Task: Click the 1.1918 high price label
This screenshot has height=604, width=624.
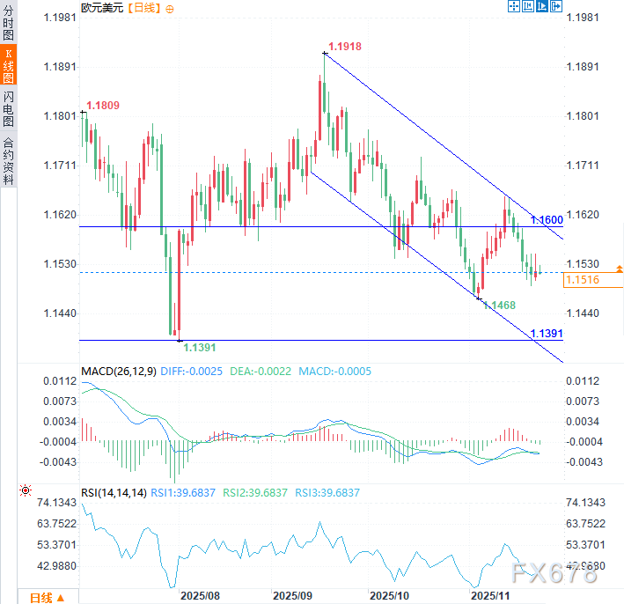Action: [x=345, y=46]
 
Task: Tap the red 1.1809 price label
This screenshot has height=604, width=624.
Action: [x=102, y=106]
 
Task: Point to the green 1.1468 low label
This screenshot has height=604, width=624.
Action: [x=498, y=305]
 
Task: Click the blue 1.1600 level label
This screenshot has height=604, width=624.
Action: [x=546, y=219]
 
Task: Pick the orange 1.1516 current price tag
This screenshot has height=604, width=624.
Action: [x=582, y=280]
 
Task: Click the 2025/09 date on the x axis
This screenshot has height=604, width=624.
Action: [x=292, y=595]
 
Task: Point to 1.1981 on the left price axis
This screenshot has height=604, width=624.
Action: [x=60, y=18]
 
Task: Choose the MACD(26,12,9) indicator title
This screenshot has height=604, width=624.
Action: [x=118, y=372]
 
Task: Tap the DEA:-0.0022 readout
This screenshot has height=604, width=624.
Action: [x=260, y=372]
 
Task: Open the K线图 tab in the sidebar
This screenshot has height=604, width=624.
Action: [x=9, y=66]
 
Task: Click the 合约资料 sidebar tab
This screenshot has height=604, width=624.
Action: [x=9, y=160]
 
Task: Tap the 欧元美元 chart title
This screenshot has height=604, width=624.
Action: [x=102, y=8]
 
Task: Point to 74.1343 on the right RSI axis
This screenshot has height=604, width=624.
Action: [x=584, y=502]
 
